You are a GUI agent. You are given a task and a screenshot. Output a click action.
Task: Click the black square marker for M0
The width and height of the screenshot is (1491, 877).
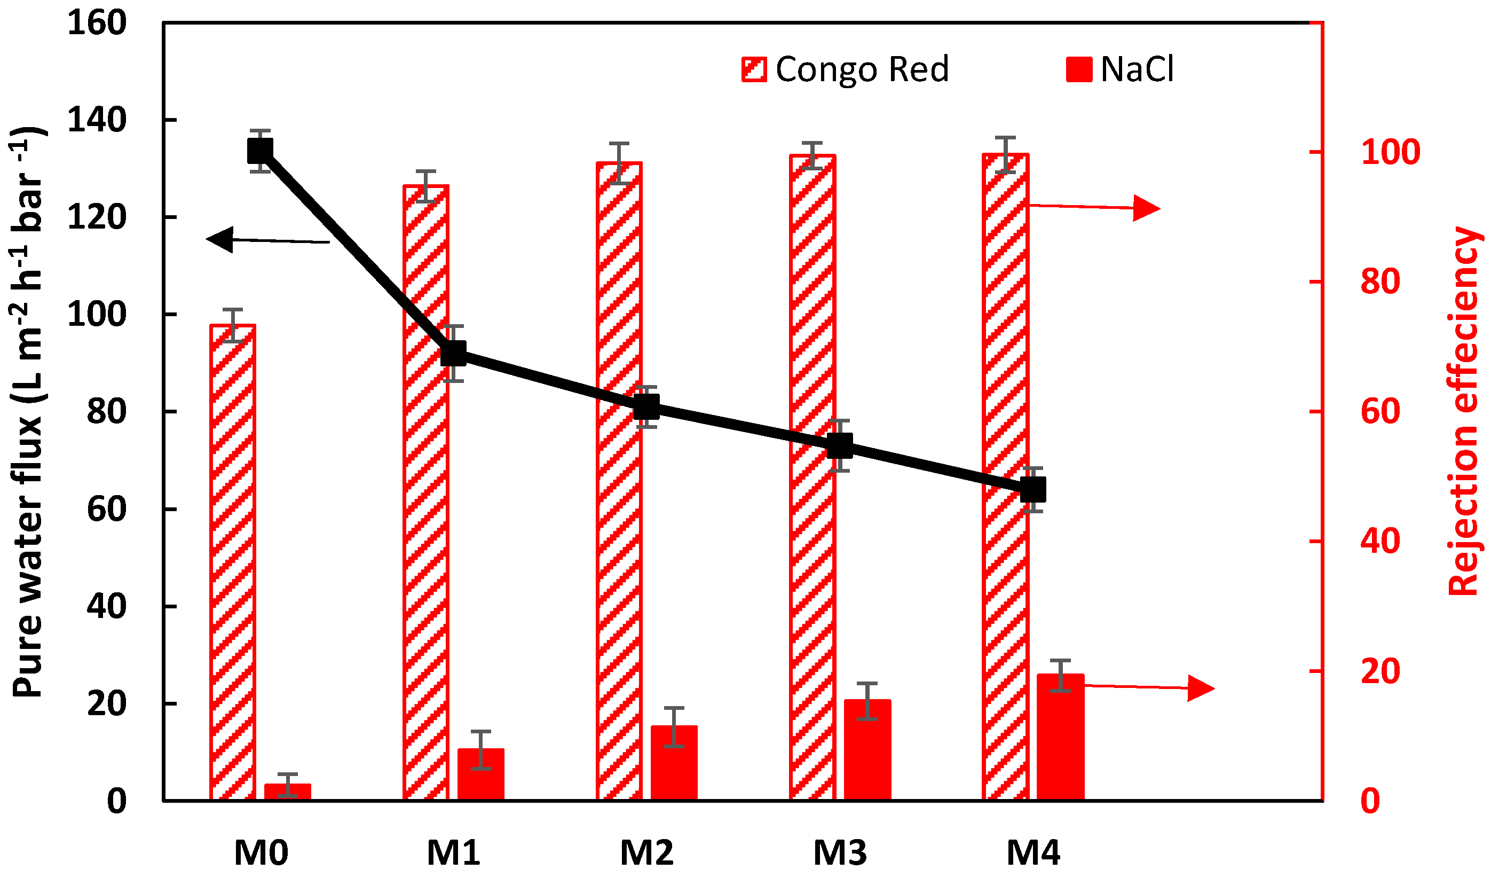260,151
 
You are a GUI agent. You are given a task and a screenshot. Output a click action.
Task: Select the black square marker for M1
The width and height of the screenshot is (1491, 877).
453,354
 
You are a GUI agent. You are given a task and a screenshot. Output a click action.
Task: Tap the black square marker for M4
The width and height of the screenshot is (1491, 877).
1033,490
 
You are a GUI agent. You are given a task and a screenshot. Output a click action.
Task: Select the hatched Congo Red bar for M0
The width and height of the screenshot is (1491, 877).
233,562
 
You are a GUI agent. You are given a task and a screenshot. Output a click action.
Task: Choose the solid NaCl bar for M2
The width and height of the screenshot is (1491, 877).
674,763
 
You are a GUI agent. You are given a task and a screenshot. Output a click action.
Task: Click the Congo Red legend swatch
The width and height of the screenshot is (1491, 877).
754,69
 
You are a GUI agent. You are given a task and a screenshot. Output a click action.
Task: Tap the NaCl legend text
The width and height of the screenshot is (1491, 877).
1137,69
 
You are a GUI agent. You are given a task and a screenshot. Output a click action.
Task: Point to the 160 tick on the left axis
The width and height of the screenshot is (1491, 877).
97,24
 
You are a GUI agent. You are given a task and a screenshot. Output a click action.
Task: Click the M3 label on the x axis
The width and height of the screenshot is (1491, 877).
840,853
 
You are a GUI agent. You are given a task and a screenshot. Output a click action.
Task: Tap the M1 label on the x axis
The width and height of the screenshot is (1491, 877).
453,853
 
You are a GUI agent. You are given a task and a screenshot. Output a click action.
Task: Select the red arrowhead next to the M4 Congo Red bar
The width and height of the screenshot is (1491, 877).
1146,208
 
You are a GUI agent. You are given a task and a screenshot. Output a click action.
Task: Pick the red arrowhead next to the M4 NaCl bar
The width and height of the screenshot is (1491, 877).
1200,688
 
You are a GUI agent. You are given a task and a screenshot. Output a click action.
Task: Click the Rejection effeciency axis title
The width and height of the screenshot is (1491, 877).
1464,411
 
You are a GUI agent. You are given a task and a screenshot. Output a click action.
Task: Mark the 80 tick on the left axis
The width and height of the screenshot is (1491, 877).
107,412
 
